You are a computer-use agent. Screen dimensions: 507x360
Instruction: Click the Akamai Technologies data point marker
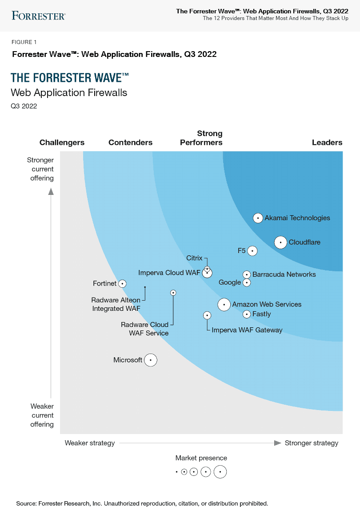[x=258, y=218]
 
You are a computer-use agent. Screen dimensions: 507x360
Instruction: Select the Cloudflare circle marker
[x=280, y=242]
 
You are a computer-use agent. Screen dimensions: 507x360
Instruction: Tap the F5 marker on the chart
[x=252, y=251]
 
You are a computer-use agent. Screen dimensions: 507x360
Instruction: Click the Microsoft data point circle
[x=151, y=360]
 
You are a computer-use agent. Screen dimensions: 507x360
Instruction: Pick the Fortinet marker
[x=122, y=283]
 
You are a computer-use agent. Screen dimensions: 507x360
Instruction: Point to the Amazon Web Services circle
[x=224, y=305]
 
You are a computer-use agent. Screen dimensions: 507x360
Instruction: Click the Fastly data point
[x=247, y=314]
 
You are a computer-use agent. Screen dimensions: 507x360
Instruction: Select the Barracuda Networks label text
[x=284, y=274]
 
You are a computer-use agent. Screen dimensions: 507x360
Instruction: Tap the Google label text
[x=230, y=282]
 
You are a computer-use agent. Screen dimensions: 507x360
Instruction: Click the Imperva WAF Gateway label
[x=247, y=330]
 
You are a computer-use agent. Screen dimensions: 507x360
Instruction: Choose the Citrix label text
[x=194, y=258]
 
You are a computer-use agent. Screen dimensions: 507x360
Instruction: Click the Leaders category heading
[x=327, y=143]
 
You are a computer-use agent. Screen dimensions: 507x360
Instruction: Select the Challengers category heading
[x=62, y=143]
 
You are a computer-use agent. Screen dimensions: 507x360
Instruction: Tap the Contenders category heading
[x=130, y=143]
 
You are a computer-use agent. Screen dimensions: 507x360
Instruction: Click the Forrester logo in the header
[x=39, y=16]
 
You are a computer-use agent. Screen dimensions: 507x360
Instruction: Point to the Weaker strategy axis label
[x=90, y=443]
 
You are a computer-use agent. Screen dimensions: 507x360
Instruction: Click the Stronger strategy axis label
[x=312, y=443]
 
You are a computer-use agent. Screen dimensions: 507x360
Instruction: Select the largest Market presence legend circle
[x=220, y=472]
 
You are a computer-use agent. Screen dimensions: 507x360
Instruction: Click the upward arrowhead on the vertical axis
[x=51, y=192]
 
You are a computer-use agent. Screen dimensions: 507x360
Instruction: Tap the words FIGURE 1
[x=24, y=42]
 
